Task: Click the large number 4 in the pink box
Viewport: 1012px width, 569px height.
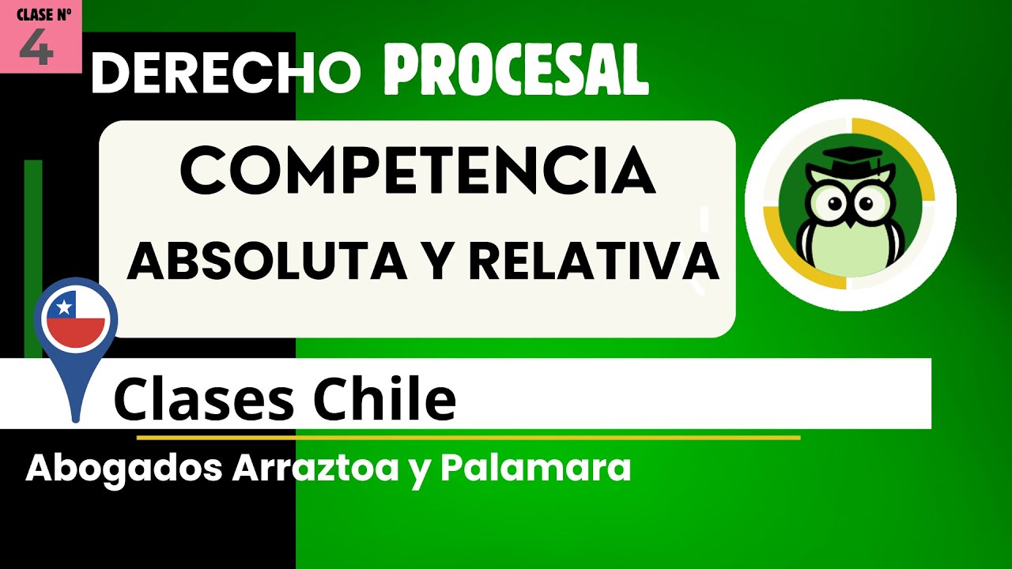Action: [36, 49]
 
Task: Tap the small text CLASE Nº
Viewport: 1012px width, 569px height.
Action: [44, 14]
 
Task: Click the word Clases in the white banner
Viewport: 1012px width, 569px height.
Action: [202, 400]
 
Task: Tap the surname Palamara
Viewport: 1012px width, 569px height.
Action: [536, 468]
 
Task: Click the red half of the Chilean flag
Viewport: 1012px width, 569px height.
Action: [76, 333]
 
